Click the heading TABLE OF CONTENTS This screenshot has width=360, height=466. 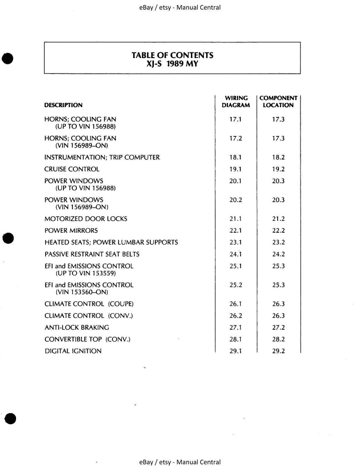[172, 55]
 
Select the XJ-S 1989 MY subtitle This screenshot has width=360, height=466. [172, 64]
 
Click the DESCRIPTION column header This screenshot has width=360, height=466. [63, 105]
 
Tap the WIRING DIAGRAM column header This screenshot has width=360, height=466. [236, 102]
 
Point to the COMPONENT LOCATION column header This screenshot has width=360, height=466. [278, 102]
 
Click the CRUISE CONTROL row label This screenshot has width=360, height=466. [72, 169]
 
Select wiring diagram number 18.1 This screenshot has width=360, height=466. [235, 158]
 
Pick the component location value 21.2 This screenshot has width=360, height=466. [278, 219]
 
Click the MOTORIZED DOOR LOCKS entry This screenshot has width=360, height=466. [86, 219]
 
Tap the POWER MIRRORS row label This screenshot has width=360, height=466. [71, 231]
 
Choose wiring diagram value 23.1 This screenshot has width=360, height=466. [236, 242]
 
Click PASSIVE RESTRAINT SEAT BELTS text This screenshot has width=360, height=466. [92, 254]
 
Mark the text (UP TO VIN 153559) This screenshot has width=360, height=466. [85, 273]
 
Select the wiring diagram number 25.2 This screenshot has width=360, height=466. [236, 285]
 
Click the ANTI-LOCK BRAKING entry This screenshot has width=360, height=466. [77, 328]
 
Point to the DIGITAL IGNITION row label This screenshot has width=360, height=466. [73, 351]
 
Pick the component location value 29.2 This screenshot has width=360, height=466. [278, 351]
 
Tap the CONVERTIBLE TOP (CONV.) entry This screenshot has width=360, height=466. [87, 339]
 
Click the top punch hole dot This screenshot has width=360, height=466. [8, 58]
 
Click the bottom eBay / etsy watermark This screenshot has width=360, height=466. [180, 462]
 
